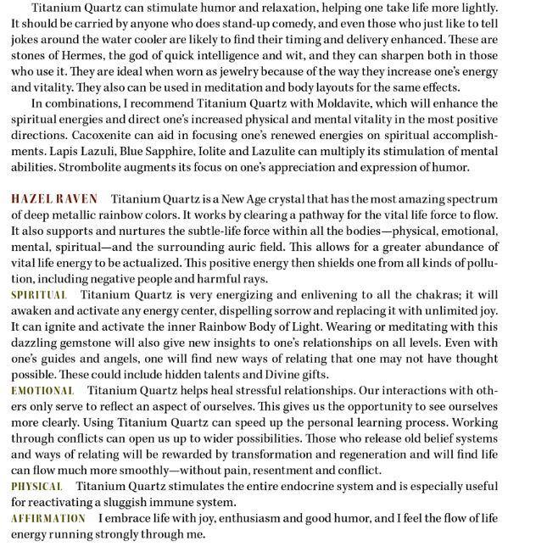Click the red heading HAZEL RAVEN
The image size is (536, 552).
coord(54,198)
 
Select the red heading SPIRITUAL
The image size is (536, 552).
coord(38,294)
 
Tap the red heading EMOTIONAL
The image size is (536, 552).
coord(42,391)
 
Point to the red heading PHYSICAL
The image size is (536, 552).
coord(37,487)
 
